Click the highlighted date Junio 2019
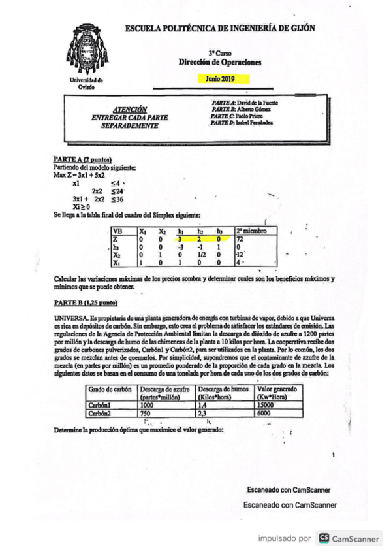(x=223, y=78)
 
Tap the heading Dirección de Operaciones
(x=220, y=62)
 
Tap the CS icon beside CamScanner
(x=323, y=538)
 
